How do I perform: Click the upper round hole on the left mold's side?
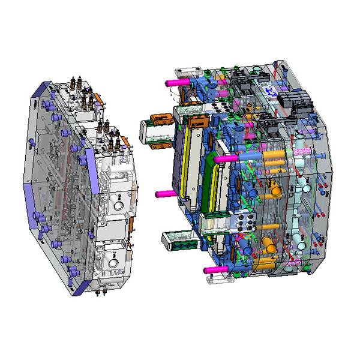coord(118,204)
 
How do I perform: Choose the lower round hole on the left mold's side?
coord(114,259)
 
